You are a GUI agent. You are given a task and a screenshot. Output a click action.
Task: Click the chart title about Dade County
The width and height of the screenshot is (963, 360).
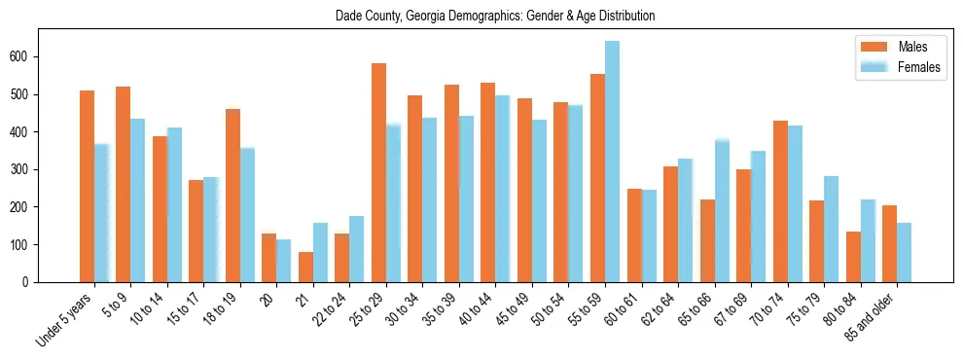(x=495, y=17)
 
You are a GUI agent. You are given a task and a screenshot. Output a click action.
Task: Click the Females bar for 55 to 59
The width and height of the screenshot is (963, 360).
(x=612, y=162)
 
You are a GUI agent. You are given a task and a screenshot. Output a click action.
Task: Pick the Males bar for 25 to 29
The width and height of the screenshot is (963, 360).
(x=378, y=173)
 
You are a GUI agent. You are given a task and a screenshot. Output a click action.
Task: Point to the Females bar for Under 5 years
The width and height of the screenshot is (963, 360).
(x=101, y=213)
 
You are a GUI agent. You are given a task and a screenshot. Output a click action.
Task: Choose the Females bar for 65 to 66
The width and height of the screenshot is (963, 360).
(x=722, y=211)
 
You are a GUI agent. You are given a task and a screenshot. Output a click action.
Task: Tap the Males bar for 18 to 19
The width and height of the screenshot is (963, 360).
(x=232, y=196)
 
